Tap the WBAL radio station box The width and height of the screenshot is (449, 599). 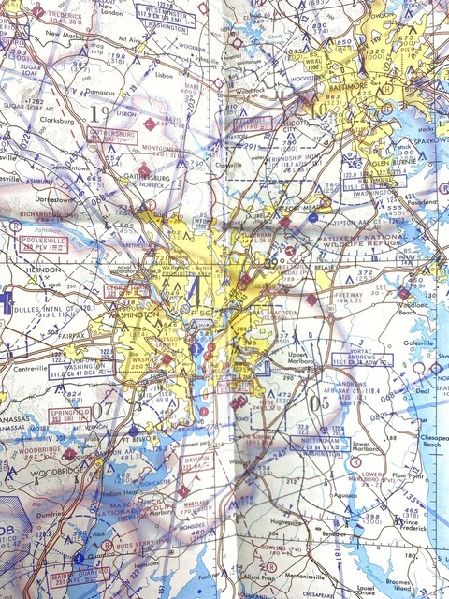point(314,63)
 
